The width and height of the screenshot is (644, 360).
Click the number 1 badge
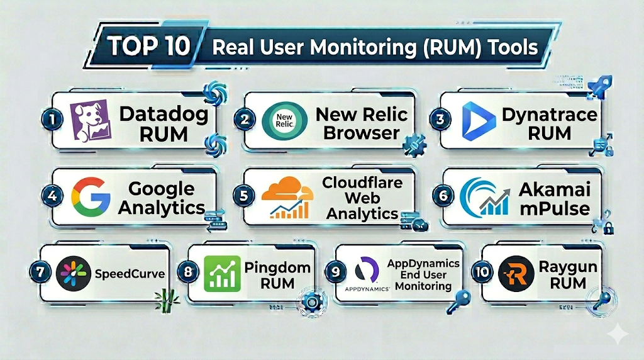click(x=55, y=119)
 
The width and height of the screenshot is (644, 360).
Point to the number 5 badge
click(x=243, y=196)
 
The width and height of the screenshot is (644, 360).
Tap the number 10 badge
click(x=482, y=271)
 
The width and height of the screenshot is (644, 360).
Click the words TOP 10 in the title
click(x=150, y=47)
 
